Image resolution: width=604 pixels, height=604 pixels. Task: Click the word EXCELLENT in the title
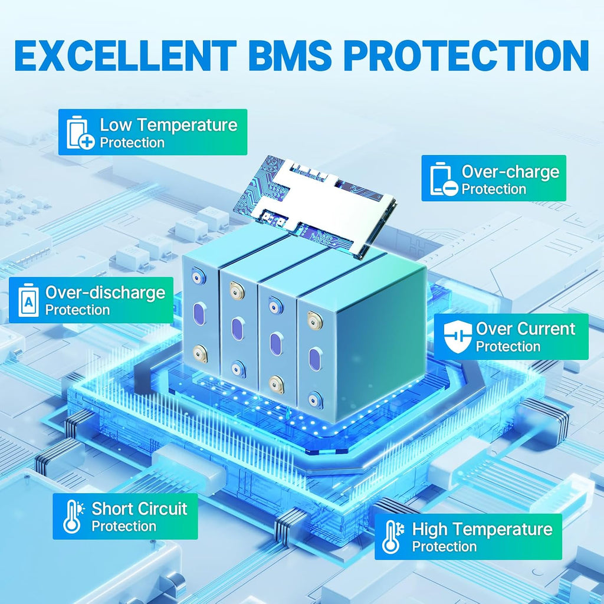click(x=125, y=56)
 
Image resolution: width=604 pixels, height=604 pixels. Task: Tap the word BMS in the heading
click(x=290, y=56)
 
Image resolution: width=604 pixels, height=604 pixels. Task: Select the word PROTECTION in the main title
click(x=466, y=56)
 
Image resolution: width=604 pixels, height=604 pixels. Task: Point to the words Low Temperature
click(x=169, y=125)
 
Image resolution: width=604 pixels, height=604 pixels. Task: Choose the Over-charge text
click(x=510, y=172)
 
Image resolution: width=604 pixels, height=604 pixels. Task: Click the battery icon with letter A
click(x=29, y=300)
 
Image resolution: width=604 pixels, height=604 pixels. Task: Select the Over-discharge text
click(x=105, y=293)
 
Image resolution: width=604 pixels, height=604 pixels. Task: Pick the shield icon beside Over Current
click(x=457, y=337)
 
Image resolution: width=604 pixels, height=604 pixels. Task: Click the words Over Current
click(x=526, y=329)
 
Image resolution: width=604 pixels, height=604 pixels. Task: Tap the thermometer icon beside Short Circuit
click(x=73, y=517)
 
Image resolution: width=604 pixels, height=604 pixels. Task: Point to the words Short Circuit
click(x=139, y=508)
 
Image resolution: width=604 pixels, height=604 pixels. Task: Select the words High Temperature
click(x=482, y=529)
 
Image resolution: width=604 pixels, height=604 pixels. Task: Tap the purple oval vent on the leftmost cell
click(x=200, y=314)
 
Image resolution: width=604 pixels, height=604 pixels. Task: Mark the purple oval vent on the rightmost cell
click(x=315, y=359)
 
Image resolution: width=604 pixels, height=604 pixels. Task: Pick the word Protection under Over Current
click(x=508, y=346)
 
